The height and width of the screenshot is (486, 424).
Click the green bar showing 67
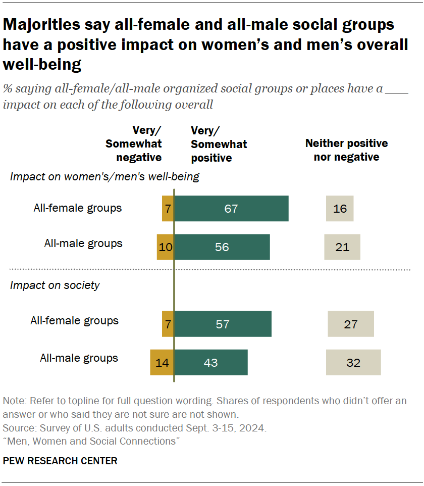point(231,209)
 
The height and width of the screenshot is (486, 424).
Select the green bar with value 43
point(210,362)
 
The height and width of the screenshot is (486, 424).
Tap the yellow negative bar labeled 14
point(162,362)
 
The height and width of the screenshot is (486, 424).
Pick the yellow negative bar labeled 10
point(165,247)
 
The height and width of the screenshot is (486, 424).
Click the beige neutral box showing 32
point(353,362)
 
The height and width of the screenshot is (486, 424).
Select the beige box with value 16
point(340,209)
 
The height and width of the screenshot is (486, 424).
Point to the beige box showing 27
point(351,324)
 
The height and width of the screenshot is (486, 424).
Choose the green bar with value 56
point(222,247)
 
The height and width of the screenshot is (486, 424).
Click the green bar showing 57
point(223,324)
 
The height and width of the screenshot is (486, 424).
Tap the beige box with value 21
point(342,247)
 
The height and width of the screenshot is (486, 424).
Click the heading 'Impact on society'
point(55,285)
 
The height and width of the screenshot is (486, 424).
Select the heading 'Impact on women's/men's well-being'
point(104,177)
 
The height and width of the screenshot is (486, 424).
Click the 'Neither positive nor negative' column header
point(346,150)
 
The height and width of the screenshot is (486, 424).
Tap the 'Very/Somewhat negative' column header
point(133,144)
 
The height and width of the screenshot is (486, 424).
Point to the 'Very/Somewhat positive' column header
point(219,144)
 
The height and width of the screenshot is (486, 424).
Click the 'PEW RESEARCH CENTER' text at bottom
point(60,461)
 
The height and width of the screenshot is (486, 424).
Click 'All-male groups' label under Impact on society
point(79,358)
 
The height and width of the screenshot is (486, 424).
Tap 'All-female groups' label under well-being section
point(78,208)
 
